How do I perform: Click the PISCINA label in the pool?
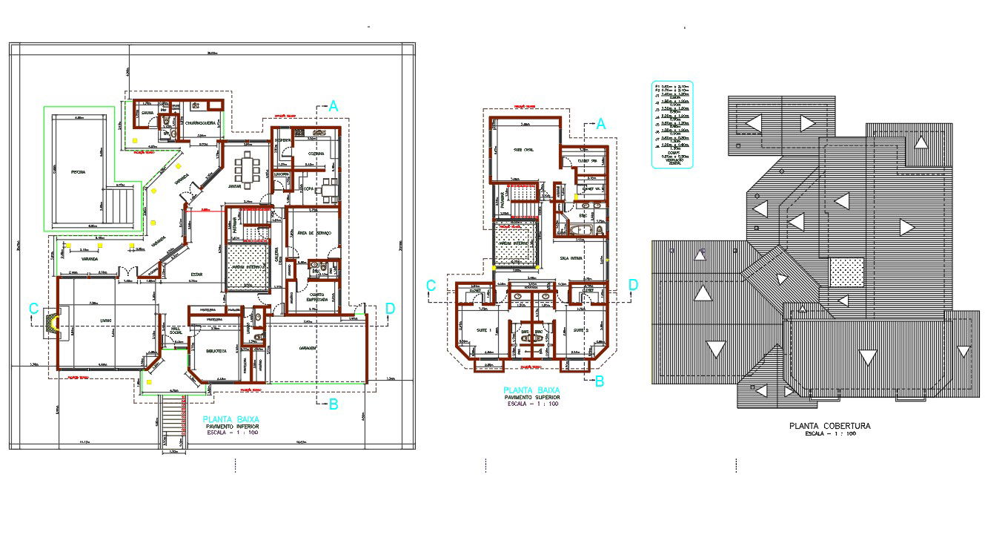tap(77, 171)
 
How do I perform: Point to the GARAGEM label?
tap(308, 347)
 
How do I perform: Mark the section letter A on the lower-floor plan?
tap(334, 106)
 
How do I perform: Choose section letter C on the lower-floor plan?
tap(33, 308)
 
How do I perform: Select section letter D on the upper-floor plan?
tap(632, 284)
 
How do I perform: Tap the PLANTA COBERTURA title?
tap(830, 426)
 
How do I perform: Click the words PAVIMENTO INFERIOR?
tap(228, 427)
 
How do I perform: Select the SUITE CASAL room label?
tap(524, 149)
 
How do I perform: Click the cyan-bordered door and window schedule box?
tap(671, 124)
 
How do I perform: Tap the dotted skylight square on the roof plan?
tap(846, 272)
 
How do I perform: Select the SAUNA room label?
tap(147, 113)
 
